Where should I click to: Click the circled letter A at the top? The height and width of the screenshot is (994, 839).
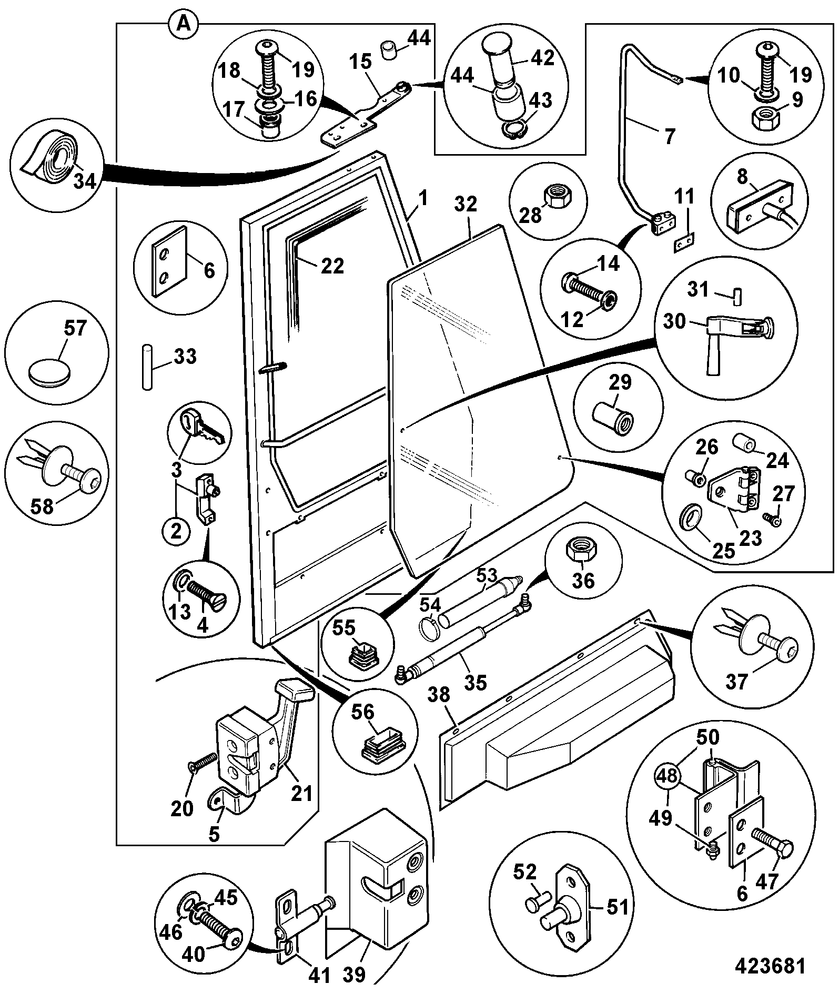183,24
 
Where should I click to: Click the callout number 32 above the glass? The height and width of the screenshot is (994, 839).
464,204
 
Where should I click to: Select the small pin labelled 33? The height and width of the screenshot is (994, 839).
147,367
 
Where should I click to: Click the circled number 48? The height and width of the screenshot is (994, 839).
666,777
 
